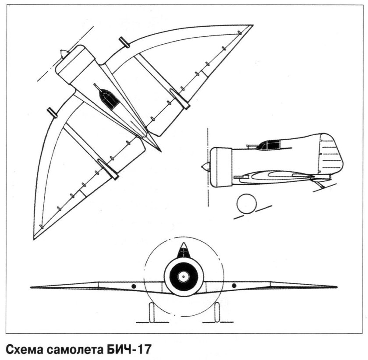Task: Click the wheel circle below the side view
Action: tap(246, 204)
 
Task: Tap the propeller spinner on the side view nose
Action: tap(205, 167)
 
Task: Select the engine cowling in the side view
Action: tap(220, 167)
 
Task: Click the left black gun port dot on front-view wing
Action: tap(134, 286)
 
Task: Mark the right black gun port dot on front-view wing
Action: tap(234, 286)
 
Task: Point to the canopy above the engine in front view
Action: tap(184, 251)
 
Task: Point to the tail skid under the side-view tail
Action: tap(321, 184)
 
